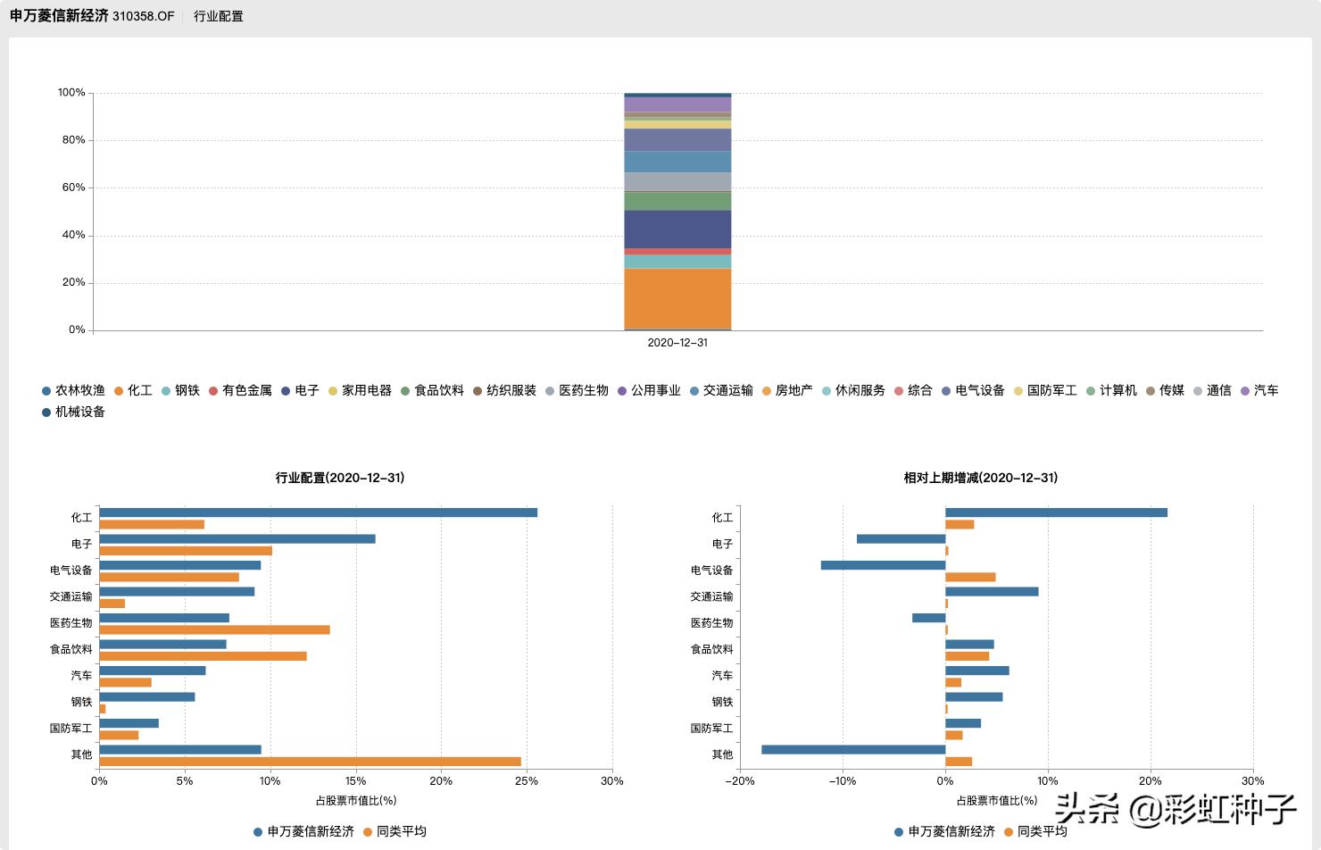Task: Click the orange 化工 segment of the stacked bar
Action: (677, 299)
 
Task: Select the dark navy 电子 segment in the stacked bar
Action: (677, 229)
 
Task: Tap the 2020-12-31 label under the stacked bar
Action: (677, 343)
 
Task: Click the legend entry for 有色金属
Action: (241, 390)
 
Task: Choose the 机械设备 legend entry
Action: (74, 412)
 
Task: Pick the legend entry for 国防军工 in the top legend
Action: (1046, 390)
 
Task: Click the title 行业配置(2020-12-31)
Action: (340, 478)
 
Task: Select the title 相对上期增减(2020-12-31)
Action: (981, 478)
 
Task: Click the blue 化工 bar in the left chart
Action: (318, 512)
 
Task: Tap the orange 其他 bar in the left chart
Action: (310, 762)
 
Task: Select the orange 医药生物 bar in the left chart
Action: (214, 629)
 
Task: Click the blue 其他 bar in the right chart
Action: (853, 749)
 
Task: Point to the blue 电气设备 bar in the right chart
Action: (883, 565)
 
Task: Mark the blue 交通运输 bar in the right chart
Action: (992, 591)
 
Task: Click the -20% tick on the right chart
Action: (740, 781)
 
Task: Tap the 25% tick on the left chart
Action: (527, 781)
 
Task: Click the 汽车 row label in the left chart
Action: (81, 676)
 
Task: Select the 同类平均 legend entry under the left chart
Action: (395, 831)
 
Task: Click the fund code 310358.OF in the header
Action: (143, 16)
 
